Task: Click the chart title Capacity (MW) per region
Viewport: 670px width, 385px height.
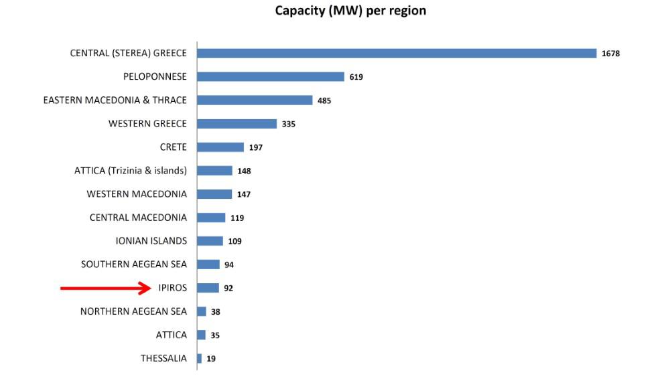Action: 350,11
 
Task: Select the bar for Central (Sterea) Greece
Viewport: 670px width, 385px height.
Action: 396,54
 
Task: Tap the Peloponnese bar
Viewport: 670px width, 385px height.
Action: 270,77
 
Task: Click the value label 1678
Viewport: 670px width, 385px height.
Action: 610,54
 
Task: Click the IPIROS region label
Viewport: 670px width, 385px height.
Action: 172,288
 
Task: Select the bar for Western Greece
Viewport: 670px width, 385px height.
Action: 237,124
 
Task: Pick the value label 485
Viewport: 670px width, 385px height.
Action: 324,100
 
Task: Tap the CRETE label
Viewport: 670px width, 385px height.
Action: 173,147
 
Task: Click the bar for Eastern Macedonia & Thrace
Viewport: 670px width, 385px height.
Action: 255,100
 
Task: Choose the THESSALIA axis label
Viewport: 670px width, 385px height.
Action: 163,358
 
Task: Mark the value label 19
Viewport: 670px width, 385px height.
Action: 211,359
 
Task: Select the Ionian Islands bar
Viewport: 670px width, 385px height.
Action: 210,241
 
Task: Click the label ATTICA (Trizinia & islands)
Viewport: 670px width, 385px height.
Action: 131,171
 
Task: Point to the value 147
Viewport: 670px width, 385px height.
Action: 244,194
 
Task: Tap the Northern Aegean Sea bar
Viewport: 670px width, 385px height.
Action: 201,311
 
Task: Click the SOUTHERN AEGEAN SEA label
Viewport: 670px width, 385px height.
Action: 134,264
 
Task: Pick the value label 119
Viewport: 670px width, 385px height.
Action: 237,218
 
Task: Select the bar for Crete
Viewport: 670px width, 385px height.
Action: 220,147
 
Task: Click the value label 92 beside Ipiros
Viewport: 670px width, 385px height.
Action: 228,289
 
